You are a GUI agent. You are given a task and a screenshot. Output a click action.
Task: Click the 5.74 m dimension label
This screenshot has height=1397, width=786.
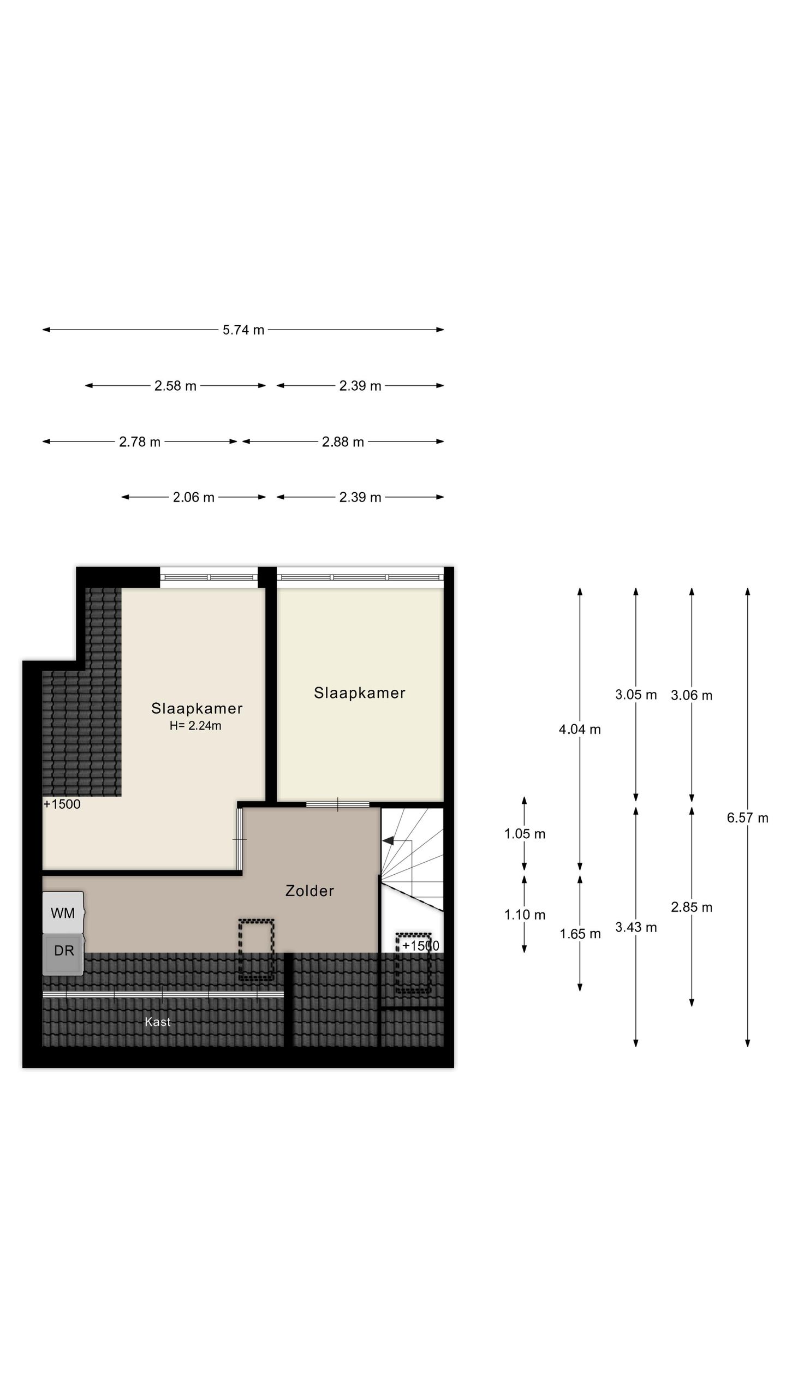click(x=243, y=330)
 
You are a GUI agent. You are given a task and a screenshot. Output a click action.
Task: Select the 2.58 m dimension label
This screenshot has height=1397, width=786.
click(x=175, y=386)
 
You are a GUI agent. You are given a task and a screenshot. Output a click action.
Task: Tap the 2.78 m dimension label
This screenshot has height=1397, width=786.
click(x=140, y=442)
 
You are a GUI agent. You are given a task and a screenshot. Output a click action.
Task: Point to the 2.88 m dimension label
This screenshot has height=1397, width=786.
click(x=343, y=442)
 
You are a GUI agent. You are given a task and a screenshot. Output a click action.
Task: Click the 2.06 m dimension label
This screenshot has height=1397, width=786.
click(x=194, y=498)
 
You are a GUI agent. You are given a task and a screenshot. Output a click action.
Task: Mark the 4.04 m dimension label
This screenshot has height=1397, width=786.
click(x=580, y=730)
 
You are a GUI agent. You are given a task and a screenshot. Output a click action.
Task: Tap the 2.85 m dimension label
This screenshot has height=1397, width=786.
click(x=692, y=907)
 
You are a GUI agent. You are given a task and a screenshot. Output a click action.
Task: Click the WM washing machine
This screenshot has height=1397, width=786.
click(x=63, y=913)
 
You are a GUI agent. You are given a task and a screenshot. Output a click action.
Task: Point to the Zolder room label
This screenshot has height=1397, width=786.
click(x=309, y=891)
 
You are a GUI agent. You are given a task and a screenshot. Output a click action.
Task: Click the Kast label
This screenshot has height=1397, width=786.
click(x=158, y=1022)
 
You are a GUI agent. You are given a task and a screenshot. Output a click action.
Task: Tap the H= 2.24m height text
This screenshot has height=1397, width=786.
click(x=195, y=726)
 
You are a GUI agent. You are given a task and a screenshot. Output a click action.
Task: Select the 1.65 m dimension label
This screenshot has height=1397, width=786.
click(x=580, y=934)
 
